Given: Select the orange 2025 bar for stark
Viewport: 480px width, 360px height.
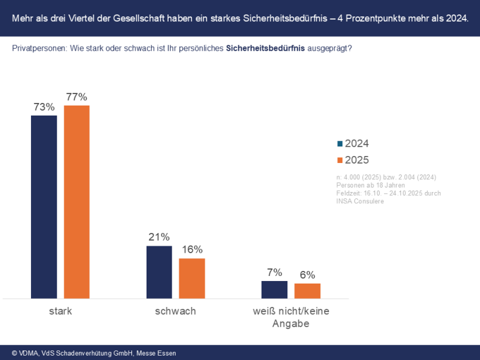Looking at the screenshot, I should (76, 201).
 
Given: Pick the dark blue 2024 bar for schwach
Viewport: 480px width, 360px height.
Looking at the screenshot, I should (159, 272).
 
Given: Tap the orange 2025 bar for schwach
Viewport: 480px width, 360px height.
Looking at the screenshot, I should (192, 278).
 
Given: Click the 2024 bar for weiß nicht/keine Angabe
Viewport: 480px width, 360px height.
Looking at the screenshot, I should (274, 289).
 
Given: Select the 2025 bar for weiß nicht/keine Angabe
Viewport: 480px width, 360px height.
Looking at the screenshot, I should (308, 291).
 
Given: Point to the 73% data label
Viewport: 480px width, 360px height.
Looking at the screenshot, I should (44, 107).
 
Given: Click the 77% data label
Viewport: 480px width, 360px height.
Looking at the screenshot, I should (76, 97).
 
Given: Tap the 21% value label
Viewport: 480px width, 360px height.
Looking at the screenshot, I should (159, 237).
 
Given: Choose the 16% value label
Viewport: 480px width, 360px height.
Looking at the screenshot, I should (192, 249).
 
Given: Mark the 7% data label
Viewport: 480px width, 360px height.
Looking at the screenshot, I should (274, 272).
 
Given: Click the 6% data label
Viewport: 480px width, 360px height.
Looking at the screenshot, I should (308, 275).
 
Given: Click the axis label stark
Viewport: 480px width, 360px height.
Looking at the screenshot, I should (61, 311).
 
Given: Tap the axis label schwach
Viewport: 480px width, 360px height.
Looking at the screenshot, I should (176, 311).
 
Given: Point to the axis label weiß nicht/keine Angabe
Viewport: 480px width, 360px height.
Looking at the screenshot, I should (291, 317).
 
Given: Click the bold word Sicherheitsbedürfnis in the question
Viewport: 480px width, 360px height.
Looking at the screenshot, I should (265, 48).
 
